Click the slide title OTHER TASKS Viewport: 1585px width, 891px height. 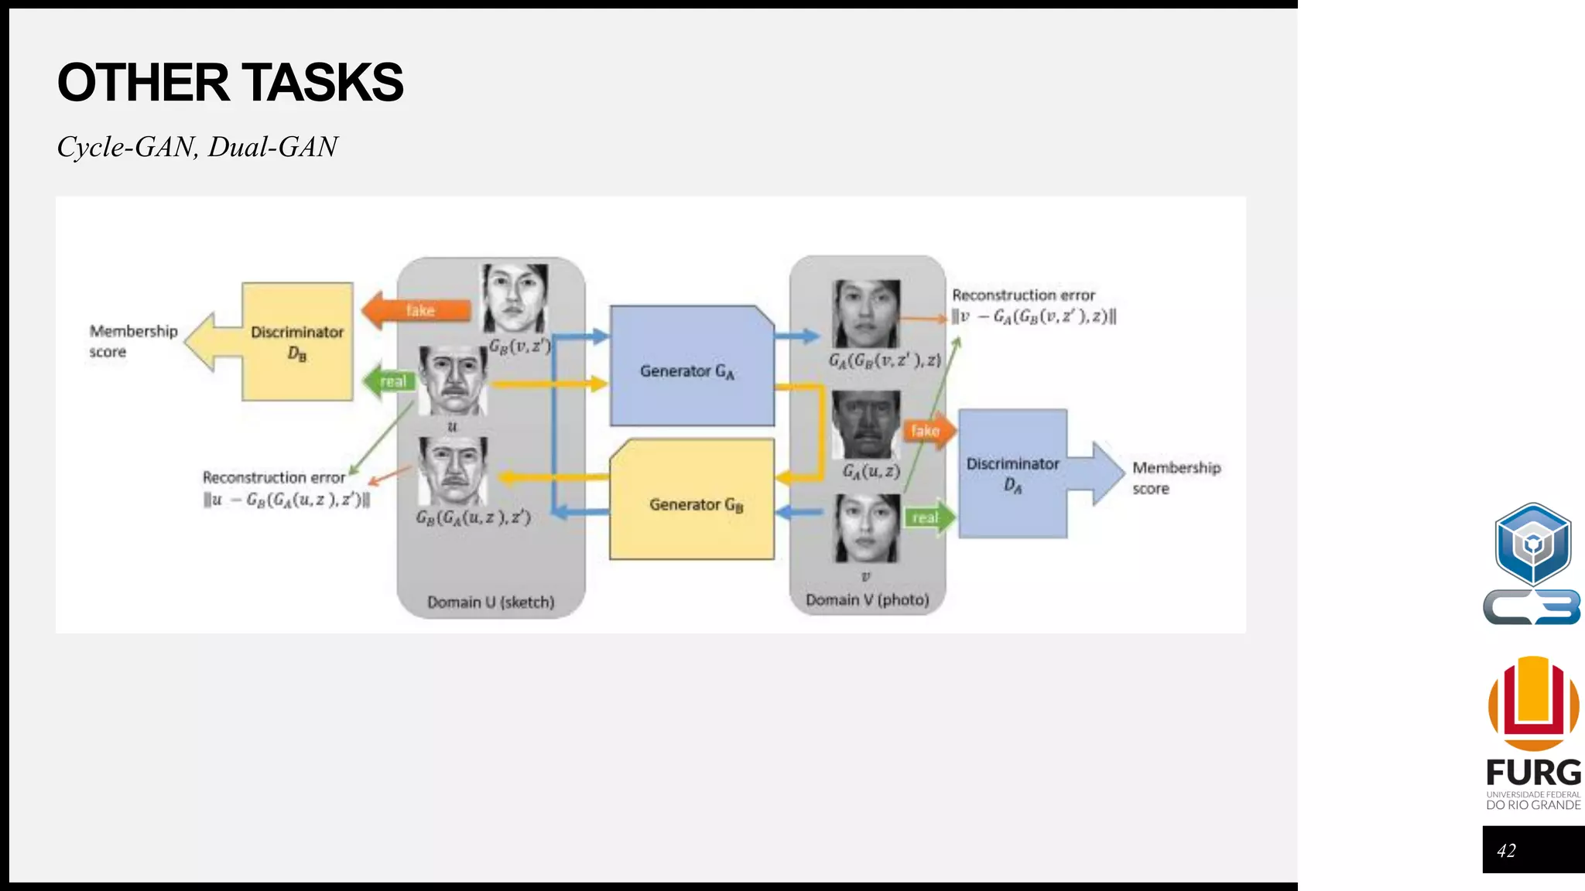point(230,82)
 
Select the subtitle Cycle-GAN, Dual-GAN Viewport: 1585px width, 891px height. point(197,147)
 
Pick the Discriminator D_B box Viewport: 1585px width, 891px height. point(297,342)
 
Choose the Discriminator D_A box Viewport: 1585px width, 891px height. point(1012,473)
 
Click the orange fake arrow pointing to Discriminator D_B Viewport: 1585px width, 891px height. point(418,310)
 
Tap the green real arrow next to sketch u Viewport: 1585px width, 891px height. point(390,381)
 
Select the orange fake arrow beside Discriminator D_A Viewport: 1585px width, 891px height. point(927,431)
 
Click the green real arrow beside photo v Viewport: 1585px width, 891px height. point(928,517)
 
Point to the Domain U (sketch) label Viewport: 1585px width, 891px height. point(491,602)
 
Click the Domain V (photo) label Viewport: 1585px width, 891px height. point(867,599)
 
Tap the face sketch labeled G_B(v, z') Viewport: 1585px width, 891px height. point(515,299)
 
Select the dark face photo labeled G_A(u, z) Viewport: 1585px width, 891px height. point(866,425)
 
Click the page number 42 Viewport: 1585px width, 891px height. point(1506,851)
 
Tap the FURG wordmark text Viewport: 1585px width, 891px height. point(1533,773)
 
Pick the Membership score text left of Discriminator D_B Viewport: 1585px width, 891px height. point(132,341)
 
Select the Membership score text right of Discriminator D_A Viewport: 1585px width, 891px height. point(1176,478)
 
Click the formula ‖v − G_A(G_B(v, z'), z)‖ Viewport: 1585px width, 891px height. point(1034,316)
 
